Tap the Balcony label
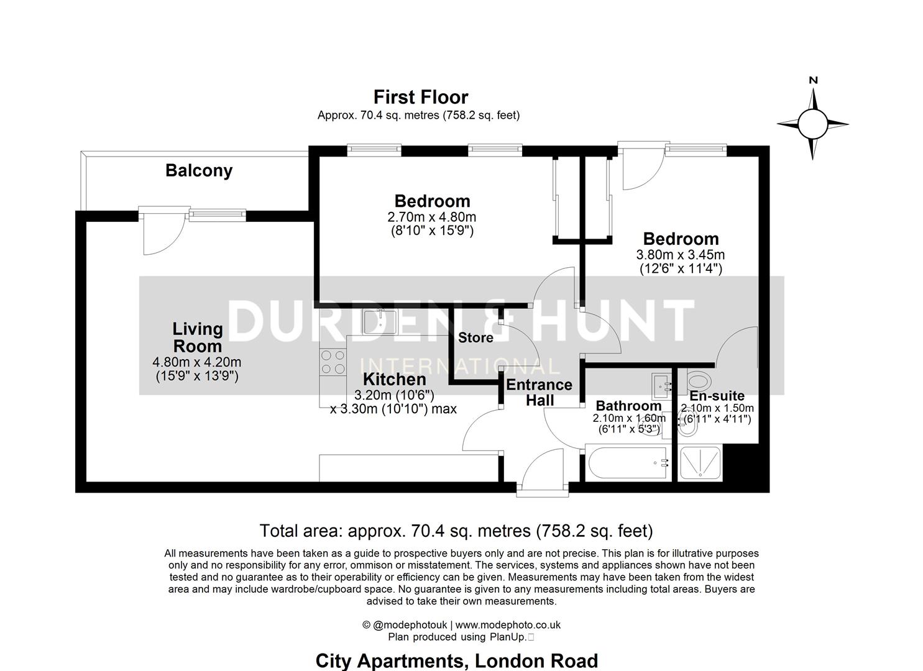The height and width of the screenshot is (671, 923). (x=199, y=170)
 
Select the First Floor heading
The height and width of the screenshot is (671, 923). (x=420, y=97)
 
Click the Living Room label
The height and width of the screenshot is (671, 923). (x=197, y=337)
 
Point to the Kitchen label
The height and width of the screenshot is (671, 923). (x=395, y=379)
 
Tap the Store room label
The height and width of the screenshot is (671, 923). (x=475, y=337)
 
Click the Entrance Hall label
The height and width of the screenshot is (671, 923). (x=539, y=392)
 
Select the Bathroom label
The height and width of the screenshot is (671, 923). (x=628, y=406)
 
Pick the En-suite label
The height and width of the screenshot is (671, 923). (x=717, y=396)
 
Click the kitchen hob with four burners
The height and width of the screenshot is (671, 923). (x=333, y=362)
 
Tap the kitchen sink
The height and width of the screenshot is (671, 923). (x=380, y=321)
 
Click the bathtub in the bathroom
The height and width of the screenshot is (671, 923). (x=626, y=463)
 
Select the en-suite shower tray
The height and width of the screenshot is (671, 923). (x=700, y=463)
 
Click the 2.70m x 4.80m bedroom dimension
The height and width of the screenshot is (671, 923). (x=431, y=217)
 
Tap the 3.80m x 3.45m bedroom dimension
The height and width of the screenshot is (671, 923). (x=680, y=255)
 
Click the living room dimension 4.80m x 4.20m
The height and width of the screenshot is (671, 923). (x=196, y=362)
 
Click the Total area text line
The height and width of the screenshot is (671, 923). (x=456, y=531)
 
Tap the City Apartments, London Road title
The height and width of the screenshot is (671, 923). (x=456, y=660)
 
